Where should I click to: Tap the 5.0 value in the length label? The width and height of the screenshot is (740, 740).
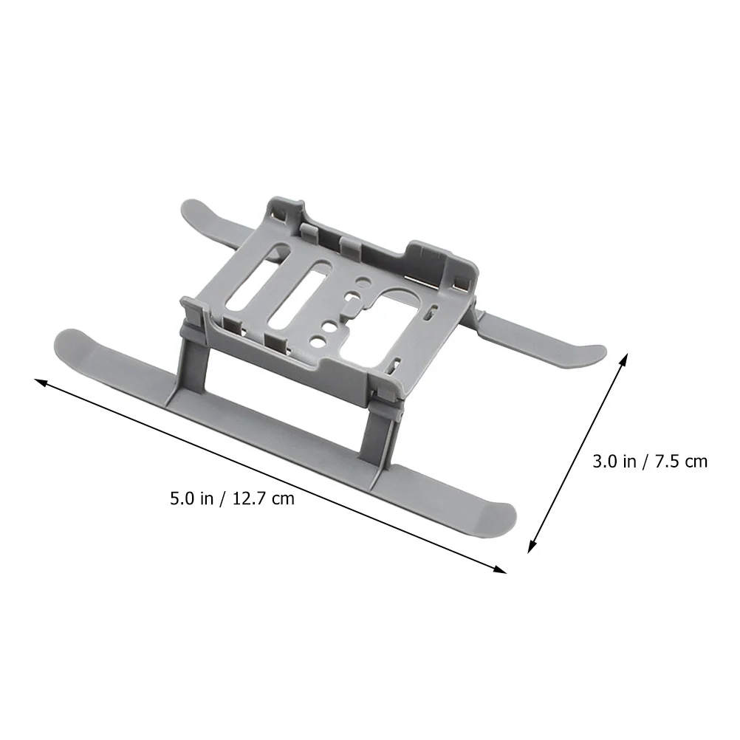[x=182, y=499]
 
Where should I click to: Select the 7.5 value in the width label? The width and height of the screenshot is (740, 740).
[x=665, y=462]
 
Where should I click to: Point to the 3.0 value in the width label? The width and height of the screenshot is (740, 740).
[x=605, y=462]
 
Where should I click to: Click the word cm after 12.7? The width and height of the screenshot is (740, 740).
[x=282, y=499]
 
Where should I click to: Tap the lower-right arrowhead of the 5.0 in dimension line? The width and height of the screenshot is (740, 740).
[x=500, y=569]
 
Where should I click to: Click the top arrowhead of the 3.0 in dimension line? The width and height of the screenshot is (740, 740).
[x=624, y=359]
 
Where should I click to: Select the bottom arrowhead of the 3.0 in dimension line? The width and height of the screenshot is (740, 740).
[x=532, y=547]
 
